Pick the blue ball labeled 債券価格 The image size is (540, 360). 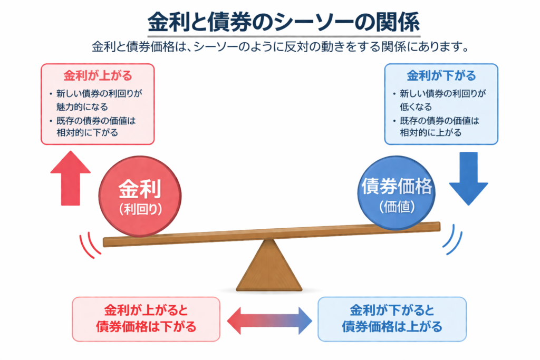(x=397, y=193)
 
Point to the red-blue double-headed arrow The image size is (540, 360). (x=269, y=319)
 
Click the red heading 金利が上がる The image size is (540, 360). (x=98, y=75)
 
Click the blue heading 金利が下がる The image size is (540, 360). (x=441, y=75)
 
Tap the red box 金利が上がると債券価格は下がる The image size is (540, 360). (x=146, y=319)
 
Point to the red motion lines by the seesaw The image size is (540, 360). (x=89, y=245)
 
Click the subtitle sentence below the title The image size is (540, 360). (x=280, y=47)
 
